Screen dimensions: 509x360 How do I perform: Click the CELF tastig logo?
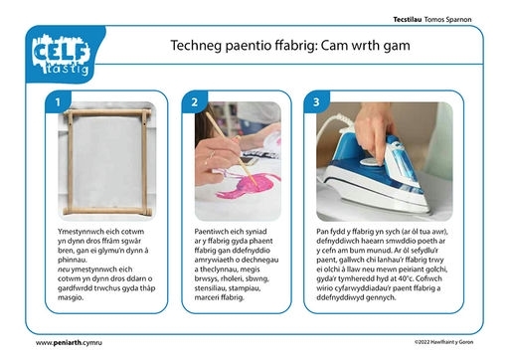click(62, 55)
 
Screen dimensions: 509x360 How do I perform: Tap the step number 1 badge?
click(58, 102)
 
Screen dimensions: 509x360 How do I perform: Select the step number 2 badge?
click(195, 102)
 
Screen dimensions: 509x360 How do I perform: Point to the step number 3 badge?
click(316, 102)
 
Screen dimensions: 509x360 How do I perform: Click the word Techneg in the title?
click(196, 46)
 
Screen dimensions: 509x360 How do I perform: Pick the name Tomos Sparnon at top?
click(447, 20)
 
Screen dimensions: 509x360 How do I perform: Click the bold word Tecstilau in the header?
click(408, 20)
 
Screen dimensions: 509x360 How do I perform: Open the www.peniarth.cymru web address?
click(69, 343)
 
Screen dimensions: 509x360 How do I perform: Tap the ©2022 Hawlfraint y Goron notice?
click(444, 342)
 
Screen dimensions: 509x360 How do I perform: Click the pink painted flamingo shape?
click(247, 187)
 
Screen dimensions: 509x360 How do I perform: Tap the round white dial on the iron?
click(370, 162)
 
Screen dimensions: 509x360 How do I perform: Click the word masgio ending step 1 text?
click(71, 297)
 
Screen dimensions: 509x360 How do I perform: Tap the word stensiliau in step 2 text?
click(210, 288)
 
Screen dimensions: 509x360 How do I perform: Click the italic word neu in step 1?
click(64, 270)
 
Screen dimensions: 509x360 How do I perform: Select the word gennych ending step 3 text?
click(382, 297)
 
